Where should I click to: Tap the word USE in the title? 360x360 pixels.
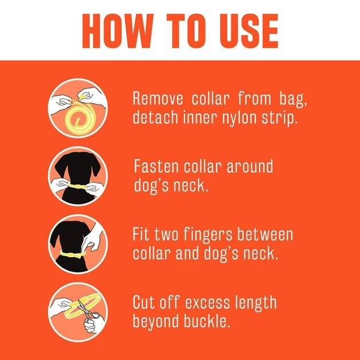coord(249,31)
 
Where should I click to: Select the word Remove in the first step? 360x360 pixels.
coord(158,98)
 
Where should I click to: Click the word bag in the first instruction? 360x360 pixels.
coord(293,100)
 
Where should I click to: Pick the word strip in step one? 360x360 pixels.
coord(279,119)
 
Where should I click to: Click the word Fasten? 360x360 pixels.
coord(156,166)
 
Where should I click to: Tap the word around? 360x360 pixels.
coord(250,166)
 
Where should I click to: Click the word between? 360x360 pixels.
coord(265,234)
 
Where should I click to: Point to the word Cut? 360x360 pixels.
coord(144,302)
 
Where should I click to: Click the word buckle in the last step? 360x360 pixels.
coord(207,321)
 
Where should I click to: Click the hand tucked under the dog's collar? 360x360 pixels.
coord(91,239)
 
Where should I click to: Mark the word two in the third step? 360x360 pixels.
coord(166,235)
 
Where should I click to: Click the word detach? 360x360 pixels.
coord(155,117)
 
